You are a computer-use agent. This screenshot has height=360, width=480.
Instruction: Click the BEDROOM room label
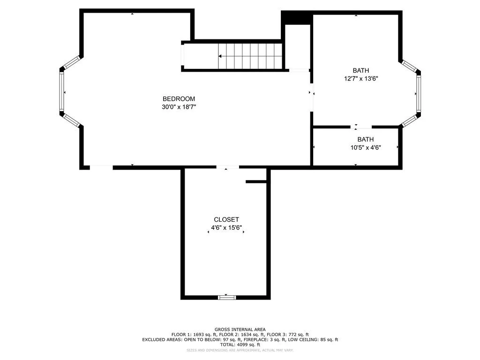(x=179, y=99)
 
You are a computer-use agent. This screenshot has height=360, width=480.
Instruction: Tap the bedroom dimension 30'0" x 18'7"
(x=179, y=107)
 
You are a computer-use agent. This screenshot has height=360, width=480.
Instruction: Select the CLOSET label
(x=226, y=219)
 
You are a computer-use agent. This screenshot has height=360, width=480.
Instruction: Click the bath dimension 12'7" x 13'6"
(x=361, y=79)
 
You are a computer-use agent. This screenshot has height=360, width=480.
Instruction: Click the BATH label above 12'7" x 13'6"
(x=361, y=71)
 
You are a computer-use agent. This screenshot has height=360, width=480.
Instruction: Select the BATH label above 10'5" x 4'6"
(x=366, y=139)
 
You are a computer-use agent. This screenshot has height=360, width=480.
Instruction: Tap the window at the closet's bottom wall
(x=227, y=297)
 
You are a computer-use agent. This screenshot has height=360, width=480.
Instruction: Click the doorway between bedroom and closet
(x=227, y=167)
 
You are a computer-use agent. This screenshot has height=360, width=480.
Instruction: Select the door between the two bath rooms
(x=361, y=127)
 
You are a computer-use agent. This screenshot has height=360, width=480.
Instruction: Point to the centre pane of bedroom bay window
(x=61, y=92)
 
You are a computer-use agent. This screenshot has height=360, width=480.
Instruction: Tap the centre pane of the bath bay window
(x=418, y=94)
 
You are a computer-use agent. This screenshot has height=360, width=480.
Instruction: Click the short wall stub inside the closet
(x=256, y=181)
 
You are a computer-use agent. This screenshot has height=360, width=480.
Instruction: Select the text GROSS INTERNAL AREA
(x=240, y=330)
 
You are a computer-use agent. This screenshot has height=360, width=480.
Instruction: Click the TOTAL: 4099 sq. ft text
(x=240, y=345)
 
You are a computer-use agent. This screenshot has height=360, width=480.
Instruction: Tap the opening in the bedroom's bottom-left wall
(x=101, y=167)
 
